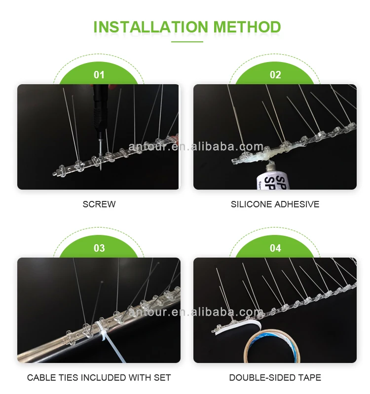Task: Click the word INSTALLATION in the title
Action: point(151,27)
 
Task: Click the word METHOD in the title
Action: point(247,27)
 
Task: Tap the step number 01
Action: point(99,75)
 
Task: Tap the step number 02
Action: point(275,75)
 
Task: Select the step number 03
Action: point(99,248)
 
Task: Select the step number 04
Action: point(275,248)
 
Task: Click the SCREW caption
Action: point(99,204)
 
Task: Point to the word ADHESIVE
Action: point(297,204)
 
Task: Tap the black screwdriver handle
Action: point(100,108)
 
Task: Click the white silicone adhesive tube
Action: point(272,175)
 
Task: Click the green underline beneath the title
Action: point(187,42)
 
